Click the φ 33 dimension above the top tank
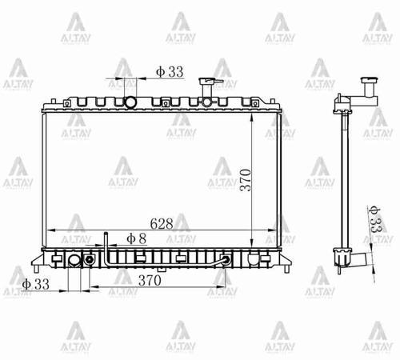point(170,72)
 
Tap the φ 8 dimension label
point(137,238)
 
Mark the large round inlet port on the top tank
point(130,102)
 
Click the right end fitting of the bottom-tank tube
point(226,260)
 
